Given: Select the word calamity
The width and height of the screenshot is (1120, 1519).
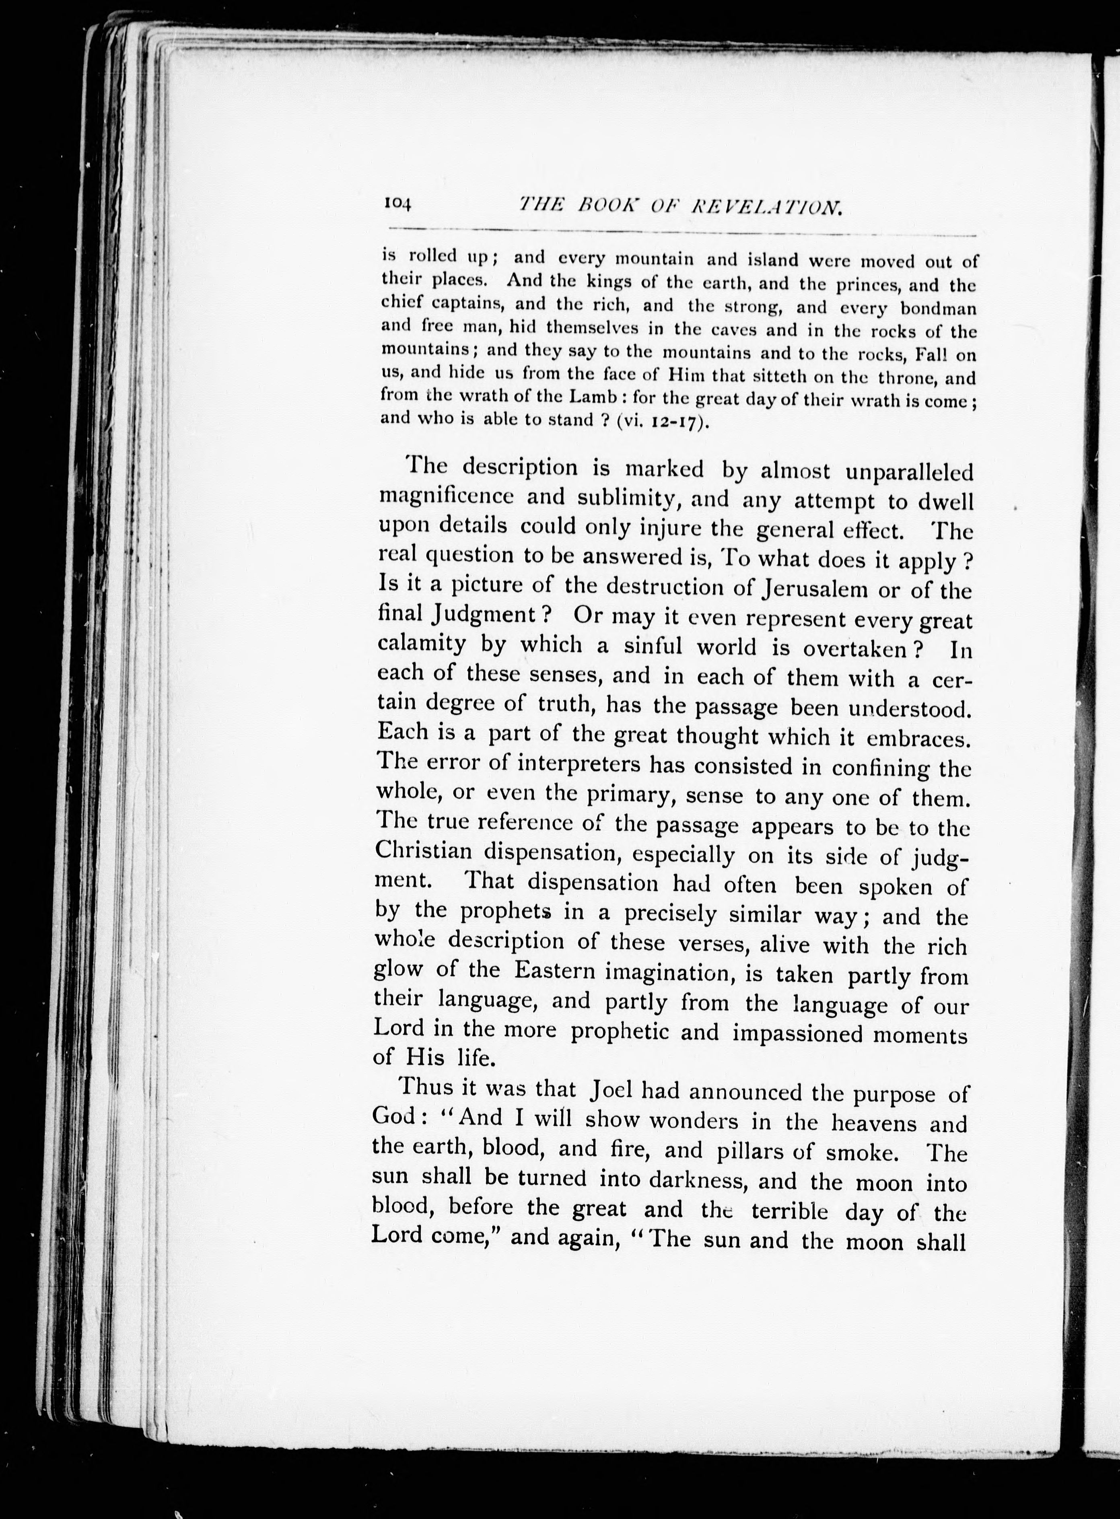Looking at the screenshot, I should (421, 644).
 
